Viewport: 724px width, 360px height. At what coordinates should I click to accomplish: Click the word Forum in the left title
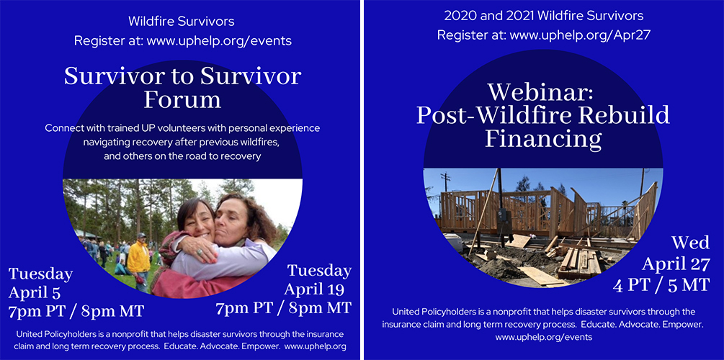(182, 99)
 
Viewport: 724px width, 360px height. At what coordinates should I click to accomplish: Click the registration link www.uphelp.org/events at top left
(219, 41)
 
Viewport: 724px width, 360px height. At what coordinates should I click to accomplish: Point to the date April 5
(36, 292)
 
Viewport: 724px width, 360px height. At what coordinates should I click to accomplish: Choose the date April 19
(317, 289)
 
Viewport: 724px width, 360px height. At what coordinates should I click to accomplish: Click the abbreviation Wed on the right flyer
(689, 243)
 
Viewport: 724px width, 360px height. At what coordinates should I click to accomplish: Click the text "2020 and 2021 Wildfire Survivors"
(543, 15)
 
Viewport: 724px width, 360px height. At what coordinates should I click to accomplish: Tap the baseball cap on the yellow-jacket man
(140, 235)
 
